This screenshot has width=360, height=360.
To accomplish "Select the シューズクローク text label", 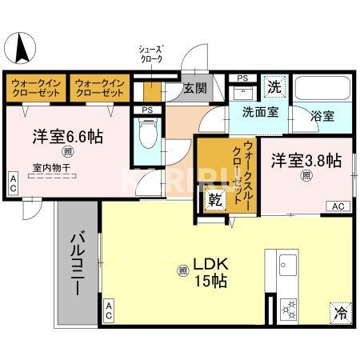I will pyautogui.click(x=150, y=55).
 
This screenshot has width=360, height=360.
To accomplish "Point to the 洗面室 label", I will pyautogui.click(x=260, y=112).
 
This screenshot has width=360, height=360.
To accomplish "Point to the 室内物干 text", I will pyautogui.click(x=50, y=168).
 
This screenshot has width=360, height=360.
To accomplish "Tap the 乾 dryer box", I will pyautogui.click(x=215, y=198).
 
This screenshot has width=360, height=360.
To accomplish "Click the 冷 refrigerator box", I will pyautogui.click(x=339, y=312).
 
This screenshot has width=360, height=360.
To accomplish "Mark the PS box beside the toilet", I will pyautogui.click(x=146, y=110).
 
